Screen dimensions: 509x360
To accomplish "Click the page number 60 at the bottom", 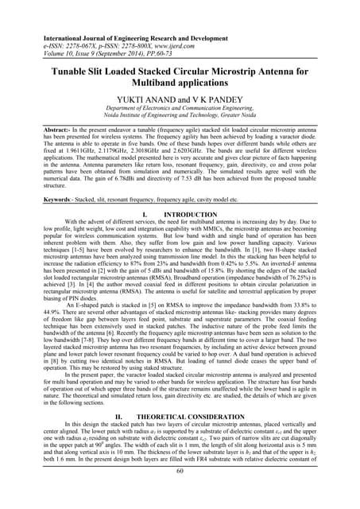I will pos(180,492).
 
